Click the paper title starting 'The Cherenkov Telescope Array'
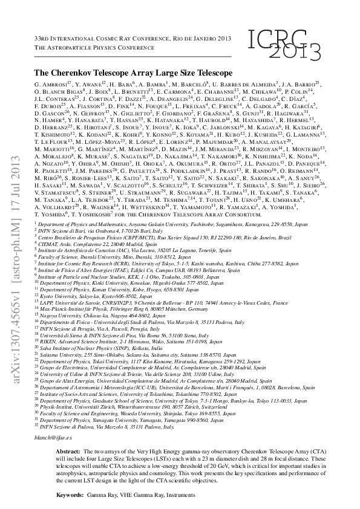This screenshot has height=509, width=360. (x=133, y=72)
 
